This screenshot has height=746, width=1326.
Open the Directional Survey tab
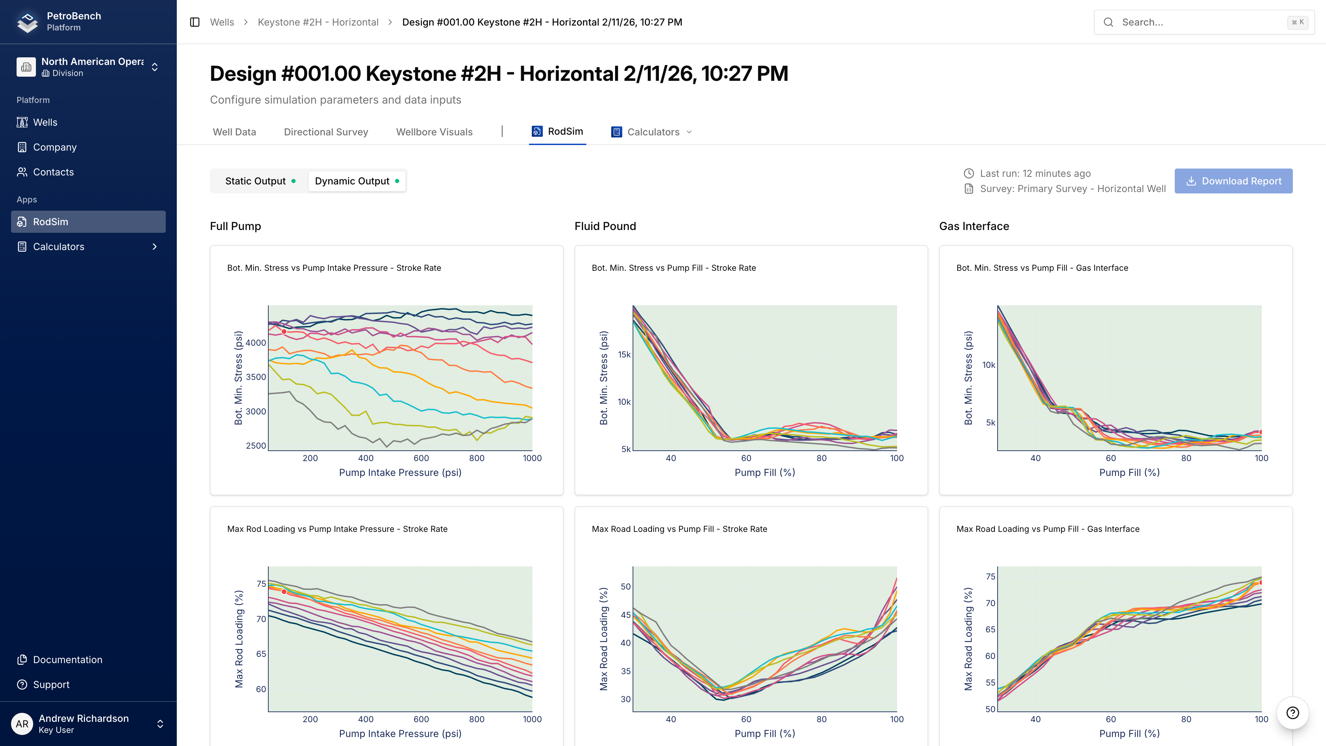coord(326,132)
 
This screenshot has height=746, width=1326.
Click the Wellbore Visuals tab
coord(434,132)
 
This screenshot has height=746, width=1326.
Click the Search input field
coord(1199,22)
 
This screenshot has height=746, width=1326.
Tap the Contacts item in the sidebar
coord(53,172)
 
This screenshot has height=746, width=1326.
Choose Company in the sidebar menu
coord(55,147)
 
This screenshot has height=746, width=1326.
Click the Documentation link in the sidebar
coord(67,660)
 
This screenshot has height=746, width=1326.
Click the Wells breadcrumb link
coord(222,22)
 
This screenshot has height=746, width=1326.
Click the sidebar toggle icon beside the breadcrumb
coord(194,22)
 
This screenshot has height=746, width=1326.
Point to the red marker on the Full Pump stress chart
coord(284,332)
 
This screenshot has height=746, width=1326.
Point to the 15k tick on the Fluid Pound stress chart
coord(624,355)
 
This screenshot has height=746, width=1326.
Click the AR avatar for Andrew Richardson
coord(22,724)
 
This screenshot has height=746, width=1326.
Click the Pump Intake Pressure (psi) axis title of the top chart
coord(400,472)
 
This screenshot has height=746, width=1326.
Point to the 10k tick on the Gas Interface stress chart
coord(988,365)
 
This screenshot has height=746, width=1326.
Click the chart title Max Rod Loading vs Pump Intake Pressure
coord(337,529)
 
